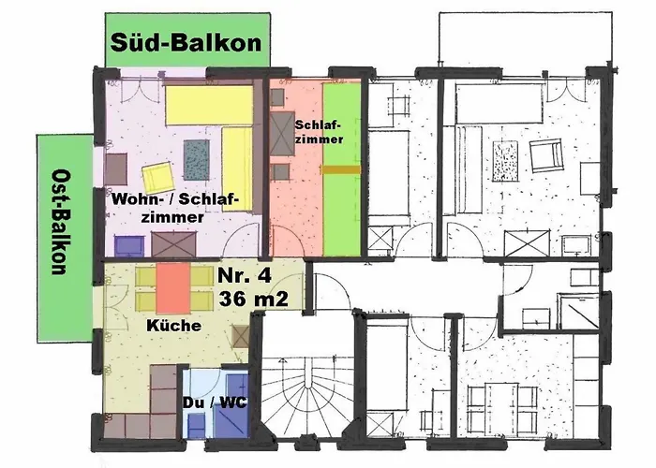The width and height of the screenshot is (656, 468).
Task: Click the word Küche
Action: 173,326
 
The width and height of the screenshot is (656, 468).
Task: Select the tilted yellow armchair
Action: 157,176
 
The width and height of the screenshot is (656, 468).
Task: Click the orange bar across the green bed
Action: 339,170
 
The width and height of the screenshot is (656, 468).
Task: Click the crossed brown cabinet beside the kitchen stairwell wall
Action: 241,337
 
